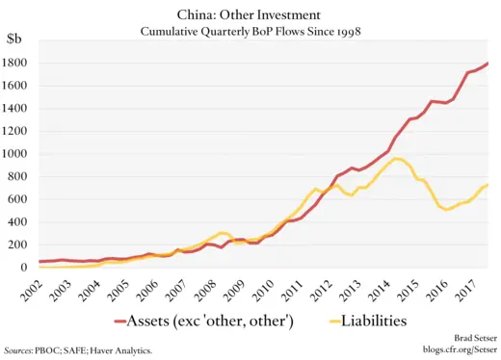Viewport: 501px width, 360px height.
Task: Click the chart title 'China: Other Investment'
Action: coord(250,14)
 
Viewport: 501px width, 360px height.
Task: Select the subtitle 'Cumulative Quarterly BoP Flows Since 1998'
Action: coord(250,32)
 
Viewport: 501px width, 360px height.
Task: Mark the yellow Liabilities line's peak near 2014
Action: coord(398,158)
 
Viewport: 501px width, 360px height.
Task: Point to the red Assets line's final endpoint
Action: coord(487,64)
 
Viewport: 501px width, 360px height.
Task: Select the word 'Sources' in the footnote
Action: coord(21,351)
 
